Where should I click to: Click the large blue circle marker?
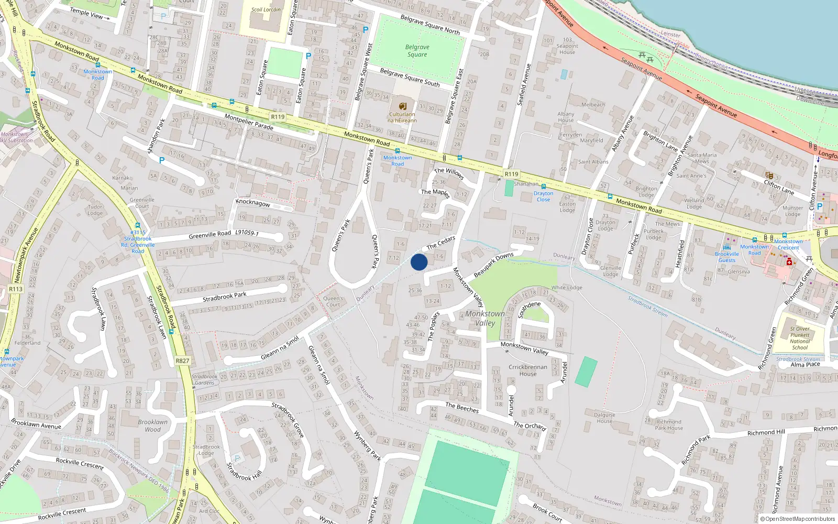coord(419,262)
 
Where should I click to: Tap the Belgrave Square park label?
coord(417,51)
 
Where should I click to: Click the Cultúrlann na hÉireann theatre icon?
coord(402,106)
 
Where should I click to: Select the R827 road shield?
coord(183,361)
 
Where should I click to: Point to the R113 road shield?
coord(16,289)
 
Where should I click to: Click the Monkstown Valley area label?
coord(485,318)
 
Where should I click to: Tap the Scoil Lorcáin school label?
coord(266,9)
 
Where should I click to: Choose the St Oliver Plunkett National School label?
coord(800,338)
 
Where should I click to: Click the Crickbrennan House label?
coord(528,370)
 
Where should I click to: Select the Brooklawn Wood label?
coord(153,425)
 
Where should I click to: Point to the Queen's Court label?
coord(333,301)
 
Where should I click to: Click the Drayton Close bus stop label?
coord(543,196)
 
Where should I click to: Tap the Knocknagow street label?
coord(253,203)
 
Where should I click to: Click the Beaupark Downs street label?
coord(493,265)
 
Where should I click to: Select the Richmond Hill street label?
coord(766,433)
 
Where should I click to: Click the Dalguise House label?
coord(604,418)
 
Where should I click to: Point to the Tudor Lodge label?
coord(95,210)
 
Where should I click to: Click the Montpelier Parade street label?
coord(249,122)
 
